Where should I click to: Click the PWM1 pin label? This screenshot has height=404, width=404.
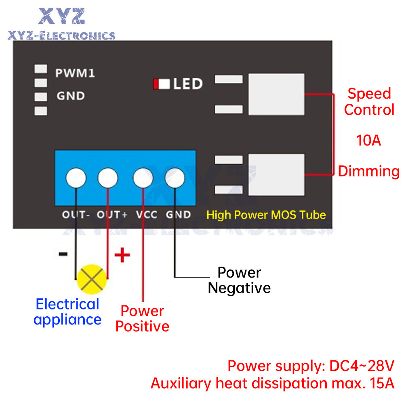pos(75,73)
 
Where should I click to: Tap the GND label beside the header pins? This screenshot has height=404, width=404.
pos(71,96)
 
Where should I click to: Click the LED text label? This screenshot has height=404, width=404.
pos(187,84)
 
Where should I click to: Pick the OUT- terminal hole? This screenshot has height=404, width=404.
pos(76,178)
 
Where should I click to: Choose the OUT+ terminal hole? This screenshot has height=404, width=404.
pos(108,178)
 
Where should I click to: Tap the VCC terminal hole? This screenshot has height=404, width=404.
pos(143,178)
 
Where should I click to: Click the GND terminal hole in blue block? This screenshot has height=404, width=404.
pos(175,178)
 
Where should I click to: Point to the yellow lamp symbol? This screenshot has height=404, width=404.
pos(92,279)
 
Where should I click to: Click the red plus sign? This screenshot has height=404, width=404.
pos(122,255)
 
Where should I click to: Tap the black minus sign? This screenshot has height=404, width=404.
pos(63,254)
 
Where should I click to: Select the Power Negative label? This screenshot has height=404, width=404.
pos(239,280)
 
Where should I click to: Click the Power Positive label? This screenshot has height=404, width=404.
pos(142,318)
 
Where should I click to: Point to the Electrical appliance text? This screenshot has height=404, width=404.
pos(67,311)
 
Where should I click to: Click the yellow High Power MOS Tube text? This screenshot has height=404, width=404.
pos(266,215)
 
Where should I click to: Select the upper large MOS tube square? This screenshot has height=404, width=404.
pos(276,94)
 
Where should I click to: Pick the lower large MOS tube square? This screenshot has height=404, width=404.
pos(276,175)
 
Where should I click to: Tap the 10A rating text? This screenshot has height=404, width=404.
pos(368,140)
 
